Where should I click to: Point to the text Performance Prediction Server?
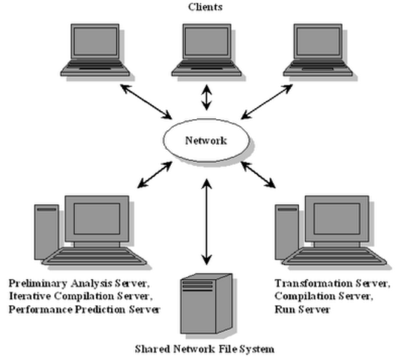point(84,308)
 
